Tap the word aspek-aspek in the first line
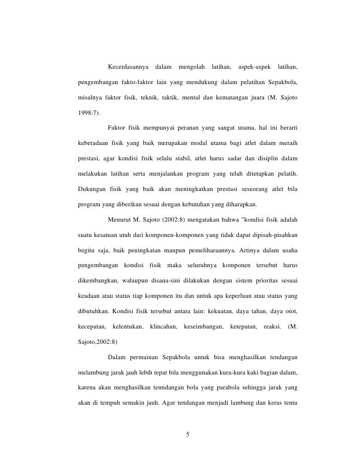pyautogui.click(x=254, y=66)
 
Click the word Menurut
pyautogui.click(x=118, y=218)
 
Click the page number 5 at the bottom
pyautogui.click(x=187, y=434)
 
